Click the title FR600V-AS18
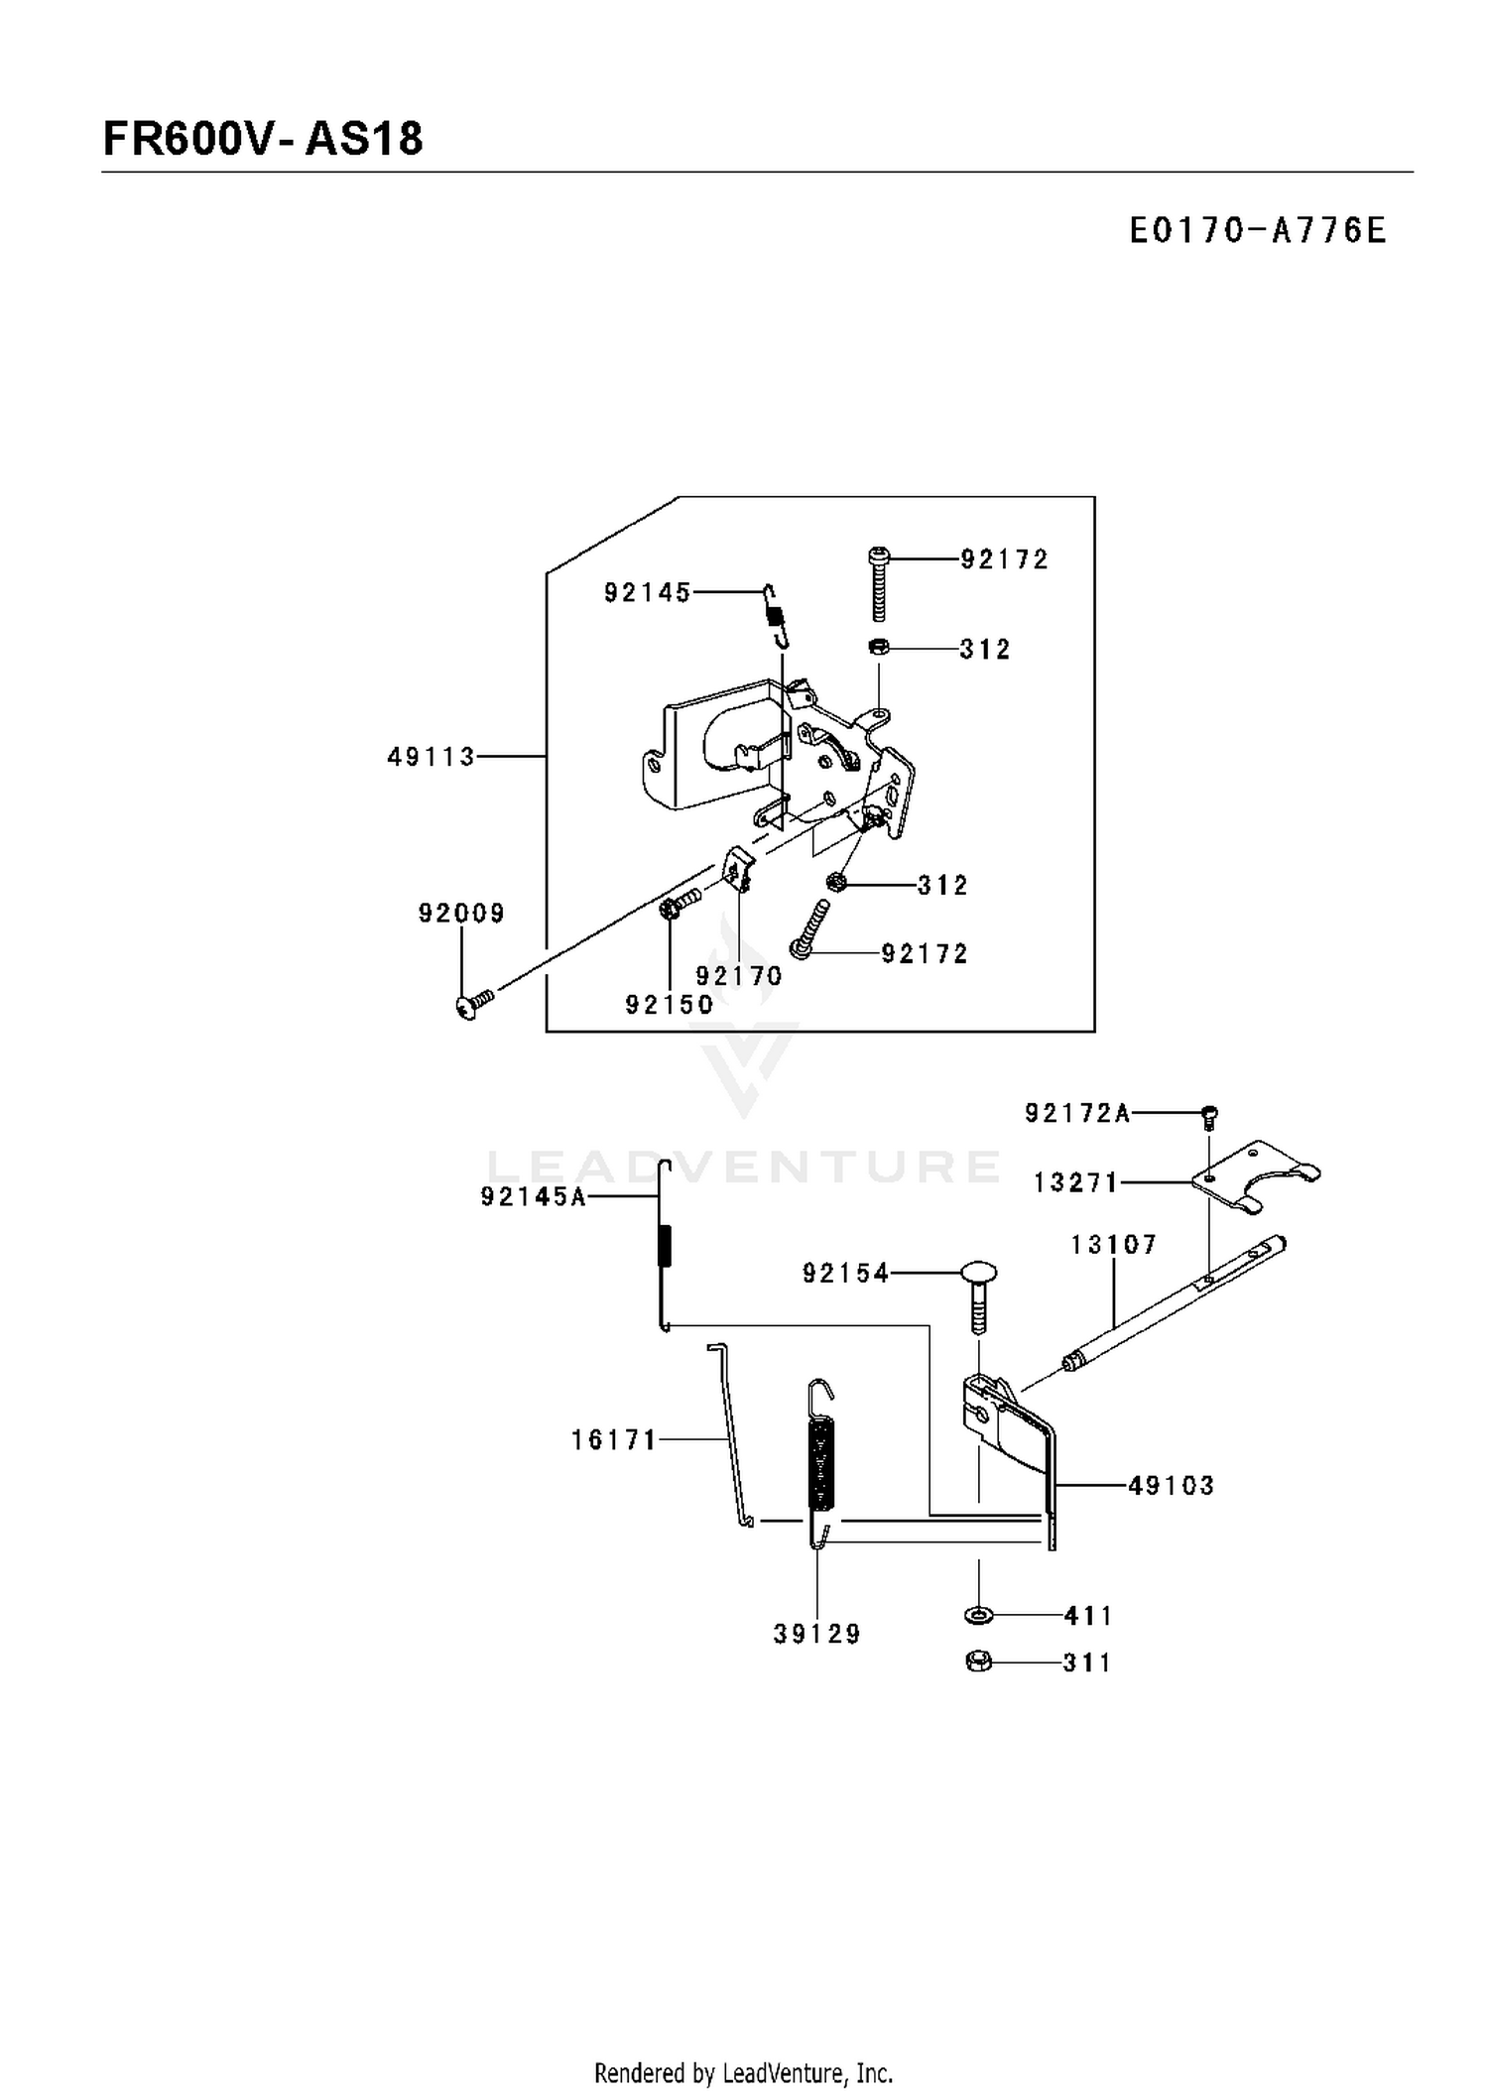click(x=263, y=139)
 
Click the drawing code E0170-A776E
click(x=1257, y=231)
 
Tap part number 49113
click(x=432, y=758)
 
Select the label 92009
click(x=461, y=914)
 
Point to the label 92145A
click(x=534, y=1197)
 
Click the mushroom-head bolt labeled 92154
click(x=977, y=1297)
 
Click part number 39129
click(x=817, y=1635)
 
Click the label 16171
click(x=614, y=1440)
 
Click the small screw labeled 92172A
click(x=1209, y=1117)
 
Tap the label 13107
click(x=1114, y=1245)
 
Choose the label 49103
click(x=1172, y=1486)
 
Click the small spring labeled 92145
click(x=777, y=616)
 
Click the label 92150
click(x=670, y=1005)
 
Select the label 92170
click(x=739, y=976)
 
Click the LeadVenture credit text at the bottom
click(x=744, y=2072)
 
